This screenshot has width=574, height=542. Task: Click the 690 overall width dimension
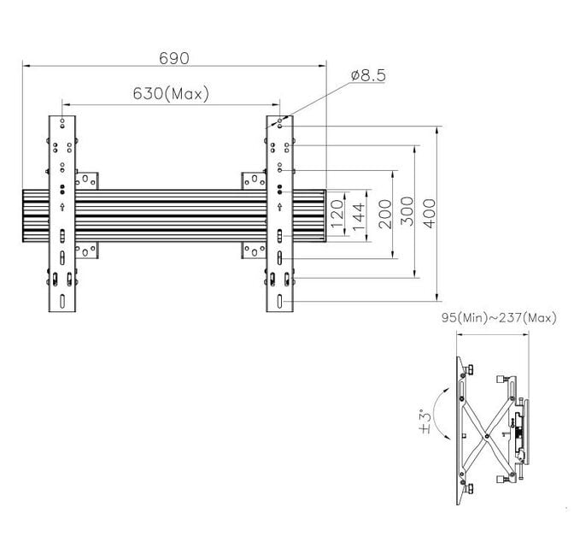(x=173, y=57)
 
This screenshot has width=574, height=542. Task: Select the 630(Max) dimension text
(x=172, y=94)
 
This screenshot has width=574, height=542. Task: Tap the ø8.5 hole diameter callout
(x=368, y=76)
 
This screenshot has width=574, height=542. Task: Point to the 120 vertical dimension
(x=337, y=210)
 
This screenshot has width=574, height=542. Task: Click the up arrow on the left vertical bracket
(x=63, y=207)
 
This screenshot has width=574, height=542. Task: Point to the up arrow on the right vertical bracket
(x=280, y=207)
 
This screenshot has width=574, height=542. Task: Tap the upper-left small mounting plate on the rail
(x=87, y=180)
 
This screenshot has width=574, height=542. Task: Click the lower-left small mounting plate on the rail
(x=87, y=250)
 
